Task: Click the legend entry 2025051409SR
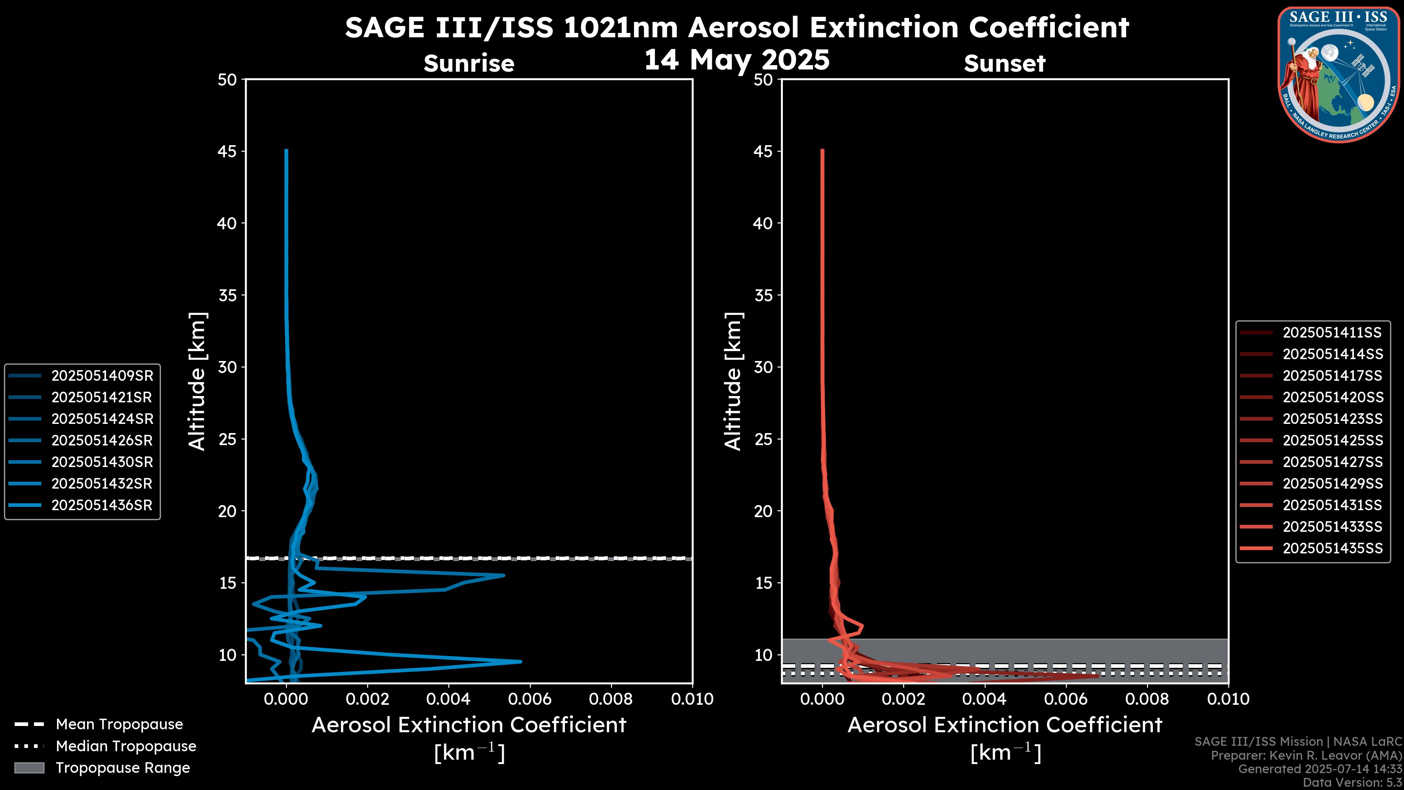(x=102, y=376)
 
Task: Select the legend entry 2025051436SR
(x=102, y=505)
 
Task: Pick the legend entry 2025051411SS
(x=1332, y=332)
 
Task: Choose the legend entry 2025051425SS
(x=1332, y=440)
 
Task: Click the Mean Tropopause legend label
(x=119, y=724)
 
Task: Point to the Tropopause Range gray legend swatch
(x=29, y=768)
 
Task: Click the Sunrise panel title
(x=469, y=63)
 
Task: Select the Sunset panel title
(x=1004, y=63)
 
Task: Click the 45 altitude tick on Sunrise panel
(x=227, y=151)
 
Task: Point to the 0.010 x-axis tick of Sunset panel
(x=1228, y=699)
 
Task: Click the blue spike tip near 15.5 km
(x=503, y=575)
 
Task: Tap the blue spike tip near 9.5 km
(x=521, y=661)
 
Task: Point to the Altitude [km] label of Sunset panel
(x=733, y=381)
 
